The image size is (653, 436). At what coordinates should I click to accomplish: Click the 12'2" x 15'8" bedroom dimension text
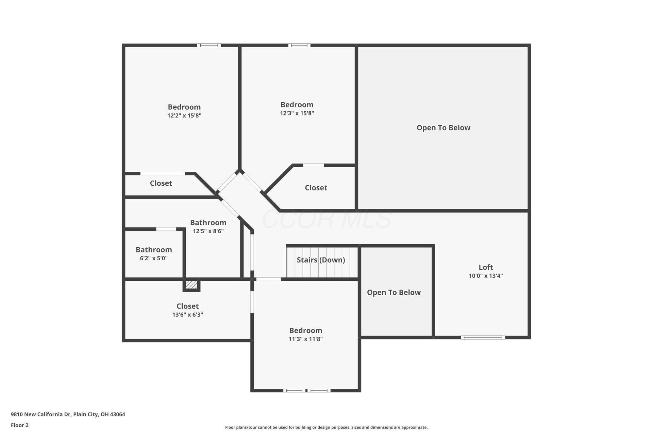tap(184, 115)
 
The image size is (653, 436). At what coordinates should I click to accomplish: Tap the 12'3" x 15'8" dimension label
tap(297, 113)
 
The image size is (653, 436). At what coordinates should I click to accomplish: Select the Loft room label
tap(486, 267)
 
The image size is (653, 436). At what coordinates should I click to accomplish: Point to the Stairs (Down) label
tap(321, 260)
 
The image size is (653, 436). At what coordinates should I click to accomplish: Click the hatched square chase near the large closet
tap(191, 284)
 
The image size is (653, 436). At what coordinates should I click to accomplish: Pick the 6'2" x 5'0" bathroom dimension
tap(154, 258)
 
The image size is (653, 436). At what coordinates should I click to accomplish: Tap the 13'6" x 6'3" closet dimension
tap(188, 315)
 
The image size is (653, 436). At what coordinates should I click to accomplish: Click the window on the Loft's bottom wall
tap(483, 338)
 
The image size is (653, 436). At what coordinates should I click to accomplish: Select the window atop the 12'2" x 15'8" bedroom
tap(209, 45)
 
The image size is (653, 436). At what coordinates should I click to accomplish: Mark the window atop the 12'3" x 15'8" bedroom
tap(299, 45)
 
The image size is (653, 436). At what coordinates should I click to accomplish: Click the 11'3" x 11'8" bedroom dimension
tap(306, 339)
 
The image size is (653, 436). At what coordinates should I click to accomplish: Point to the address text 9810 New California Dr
tap(41, 415)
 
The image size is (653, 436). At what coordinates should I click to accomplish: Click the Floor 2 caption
tap(20, 425)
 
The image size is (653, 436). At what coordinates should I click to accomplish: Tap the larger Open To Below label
tap(443, 128)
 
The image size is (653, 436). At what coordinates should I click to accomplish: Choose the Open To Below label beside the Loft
tap(394, 293)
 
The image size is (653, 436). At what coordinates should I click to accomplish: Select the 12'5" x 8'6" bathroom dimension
tap(208, 231)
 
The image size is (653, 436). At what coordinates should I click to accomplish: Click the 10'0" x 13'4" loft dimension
tap(486, 276)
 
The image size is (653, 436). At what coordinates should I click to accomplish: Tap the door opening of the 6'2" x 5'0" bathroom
tap(166, 229)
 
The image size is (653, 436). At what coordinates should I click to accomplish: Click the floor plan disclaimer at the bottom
tap(326, 427)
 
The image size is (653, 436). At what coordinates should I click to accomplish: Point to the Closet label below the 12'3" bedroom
tap(316, 188)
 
